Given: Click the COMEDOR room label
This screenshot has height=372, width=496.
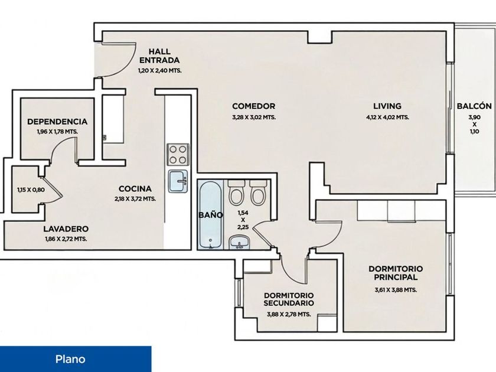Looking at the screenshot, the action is pyautogui.click(x=254, y=106).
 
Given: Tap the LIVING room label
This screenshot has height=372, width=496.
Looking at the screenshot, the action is pyautogui.click(x=387, y=106).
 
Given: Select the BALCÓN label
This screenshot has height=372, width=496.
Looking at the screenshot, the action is pyautogui.click(x=474, y=106).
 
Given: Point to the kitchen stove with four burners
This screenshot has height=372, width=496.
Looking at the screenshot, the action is pyautogui.click(x=178, y=155).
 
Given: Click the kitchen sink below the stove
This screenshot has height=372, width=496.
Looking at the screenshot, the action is pyautogui.click(x=178, y=181).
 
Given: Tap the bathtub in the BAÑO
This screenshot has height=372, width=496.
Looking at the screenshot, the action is pyautogui.click(x=210, y=215).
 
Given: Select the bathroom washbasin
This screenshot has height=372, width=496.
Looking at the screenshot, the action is pyautogui.click(x=240, y=243).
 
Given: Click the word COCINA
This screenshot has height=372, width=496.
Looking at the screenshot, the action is pyautogui.click(x=135, y=189).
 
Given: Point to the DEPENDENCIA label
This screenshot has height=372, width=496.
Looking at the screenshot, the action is pyautogui.click(x=57, y=122).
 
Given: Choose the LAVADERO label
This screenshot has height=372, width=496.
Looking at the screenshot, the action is pyautogui.click(x=66, y=229).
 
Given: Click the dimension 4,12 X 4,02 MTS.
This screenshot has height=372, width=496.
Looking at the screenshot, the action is pyautogui.click(x=387, y=117).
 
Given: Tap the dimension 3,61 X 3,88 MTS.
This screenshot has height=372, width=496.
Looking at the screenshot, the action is pyautogui.click(x=396, y=290).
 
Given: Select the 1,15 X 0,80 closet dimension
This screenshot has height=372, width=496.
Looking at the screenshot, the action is pyautogui.click(x=31, y=190).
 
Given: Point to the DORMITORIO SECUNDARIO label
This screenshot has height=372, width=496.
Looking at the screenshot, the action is pyautogui.click(x=289, y=299).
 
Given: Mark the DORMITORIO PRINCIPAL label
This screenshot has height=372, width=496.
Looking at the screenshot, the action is pyautogui.click(x=396, y=273).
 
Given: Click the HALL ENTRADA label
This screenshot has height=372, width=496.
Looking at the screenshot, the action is pyautogui.click(x=159, y=56).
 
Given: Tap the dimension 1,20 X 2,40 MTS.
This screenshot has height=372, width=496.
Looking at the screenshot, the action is pyautogui.click(x=160, y=70).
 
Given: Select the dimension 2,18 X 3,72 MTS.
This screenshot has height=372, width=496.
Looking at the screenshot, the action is pyautogui.click(x=135, y=199).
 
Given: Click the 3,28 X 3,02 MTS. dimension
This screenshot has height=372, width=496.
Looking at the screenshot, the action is pyautogui.click(x=254, y=117).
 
